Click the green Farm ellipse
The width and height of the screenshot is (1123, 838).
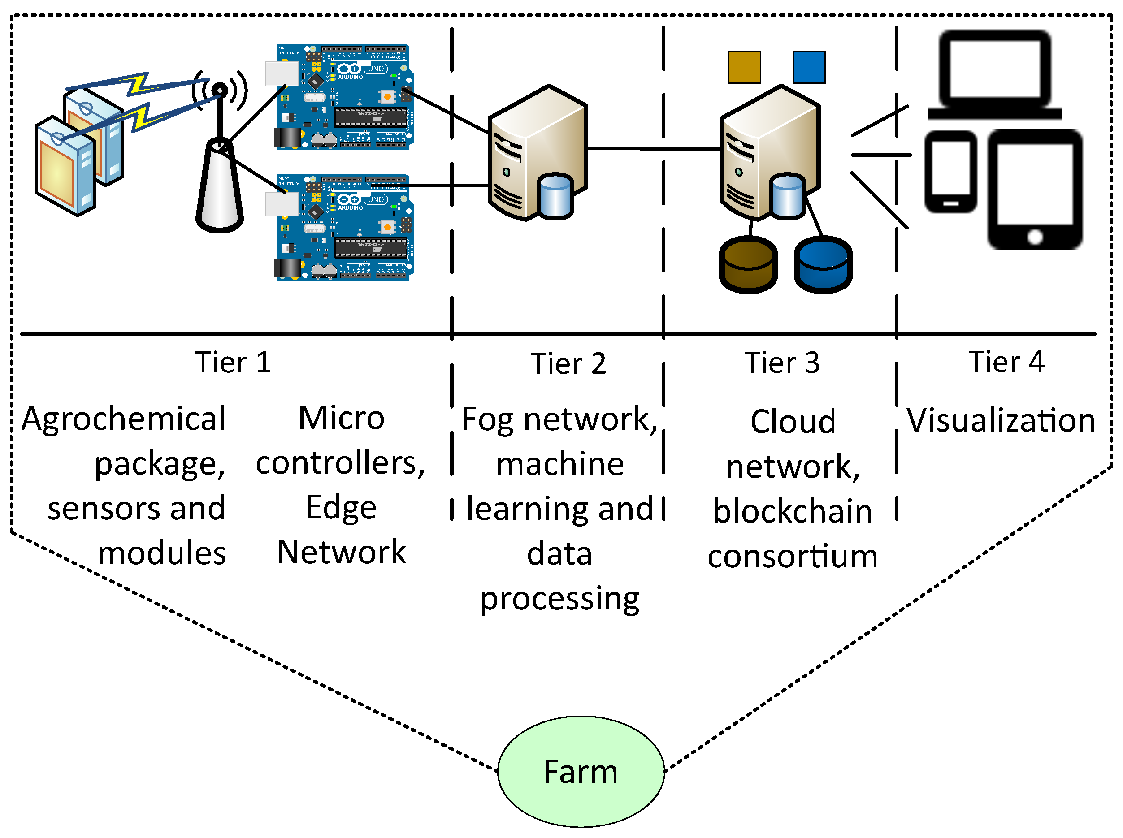pyautogui.click(x=581, y=772)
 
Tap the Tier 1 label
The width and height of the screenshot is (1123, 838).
pyautogui.click(x=234, y=362)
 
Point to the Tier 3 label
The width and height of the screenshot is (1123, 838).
pyautogui.click(x=782, y=363)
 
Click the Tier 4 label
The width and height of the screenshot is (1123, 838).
pyautogui.click(x=1006, y=362)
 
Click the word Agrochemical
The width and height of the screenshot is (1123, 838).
pyautogui.click(x=123, y=419)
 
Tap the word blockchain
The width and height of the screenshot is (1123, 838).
pyautogui.click(x=793, y=511)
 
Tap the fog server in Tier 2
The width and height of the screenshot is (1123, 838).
pyautogui.click(x=537, y=153)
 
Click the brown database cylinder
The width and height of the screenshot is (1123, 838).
pyautogui.click(x=748, y=264)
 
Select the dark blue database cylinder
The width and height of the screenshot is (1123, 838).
pyautogui.click(x=823, y=264)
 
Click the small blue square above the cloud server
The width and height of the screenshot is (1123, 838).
pyautogui.click(x=809, y=67)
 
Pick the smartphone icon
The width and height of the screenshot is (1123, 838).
pyautogui.click(x=951, y=172)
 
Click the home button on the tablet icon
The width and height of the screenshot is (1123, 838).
pyautogui.click(x=1035, y=236)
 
